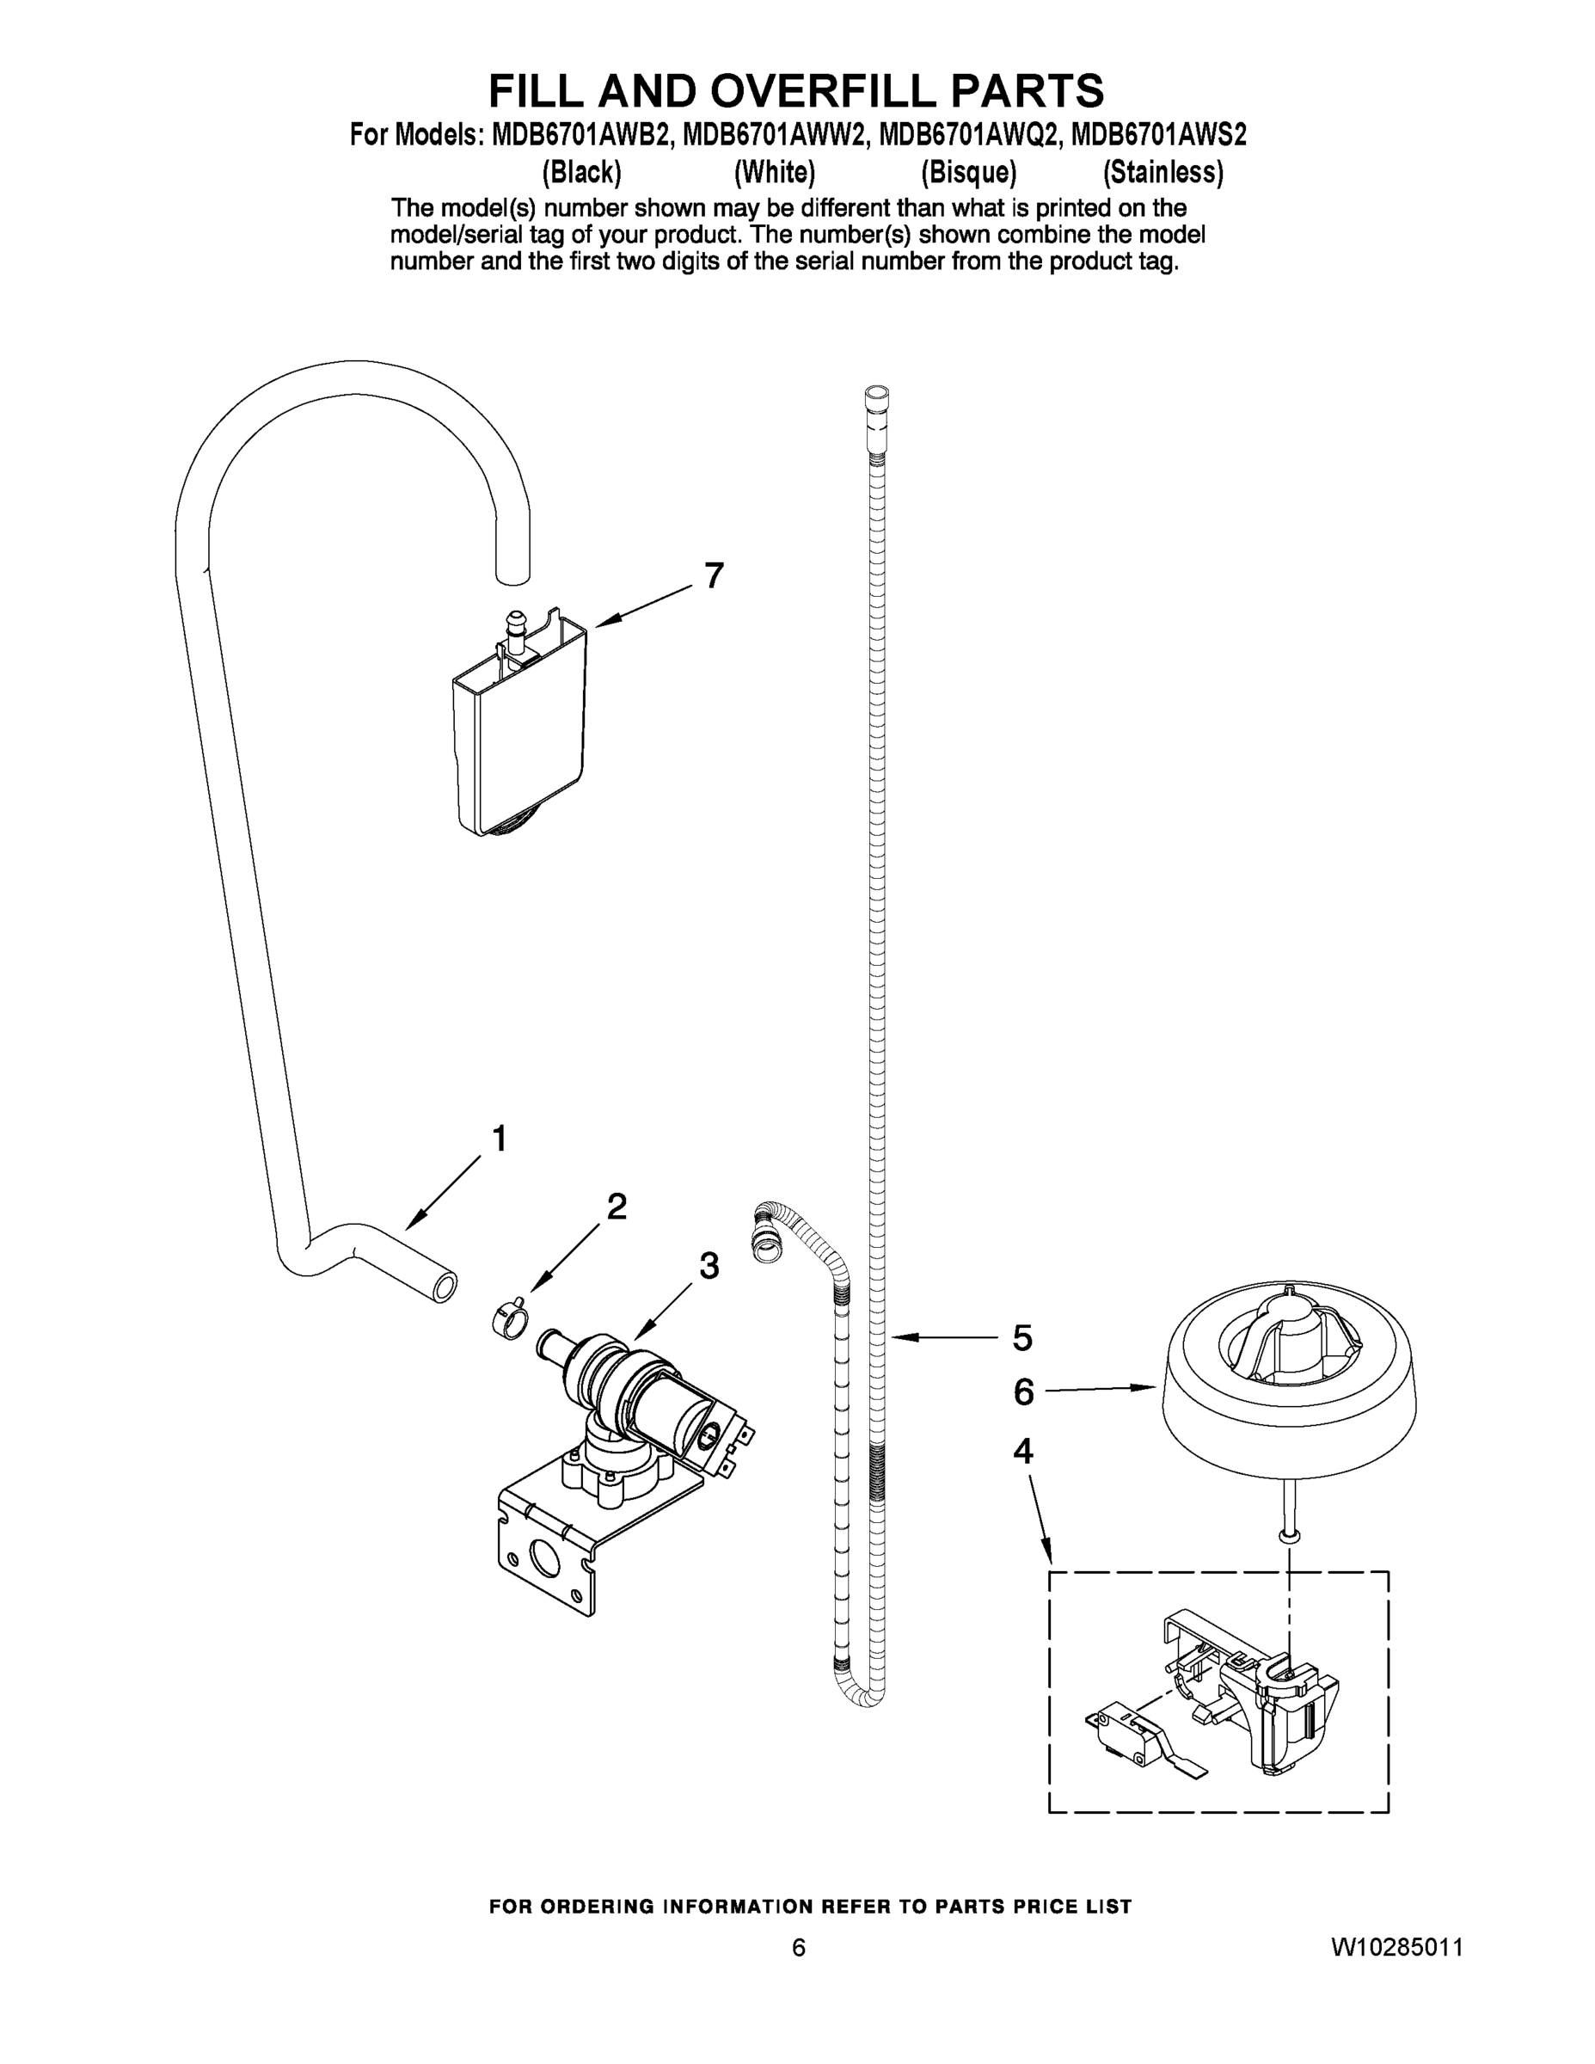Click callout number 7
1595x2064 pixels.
(714, 574)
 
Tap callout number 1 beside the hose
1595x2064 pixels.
(499, 1138)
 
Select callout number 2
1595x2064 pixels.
(617, 1206)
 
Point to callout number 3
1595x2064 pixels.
(709, 1265)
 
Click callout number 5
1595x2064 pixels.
(1022, 1337)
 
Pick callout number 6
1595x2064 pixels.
(1024, 1392)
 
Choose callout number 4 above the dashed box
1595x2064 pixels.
(1023, 1451)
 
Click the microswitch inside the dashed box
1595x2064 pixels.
(1125, 1737)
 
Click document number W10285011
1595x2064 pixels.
(1396, 1948)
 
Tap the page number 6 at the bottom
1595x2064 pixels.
(799, 1948)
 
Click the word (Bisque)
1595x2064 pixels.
(968, 173)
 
